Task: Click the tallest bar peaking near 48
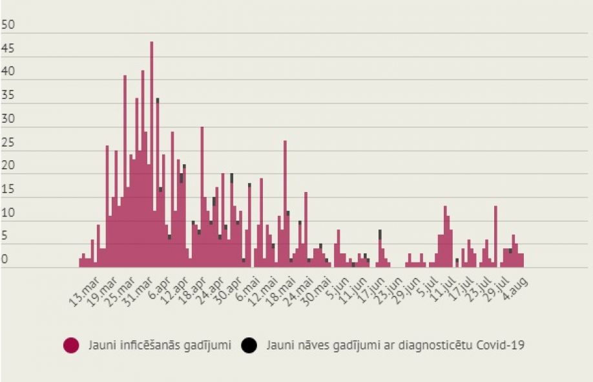(152, 155)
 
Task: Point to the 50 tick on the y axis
(8, 25)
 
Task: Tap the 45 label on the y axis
(8, 48)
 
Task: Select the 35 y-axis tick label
(8, 96)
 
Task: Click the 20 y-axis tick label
(8, 166)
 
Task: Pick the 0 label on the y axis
(5, 260)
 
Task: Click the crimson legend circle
(71, 345)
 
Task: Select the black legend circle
(248, 345)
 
